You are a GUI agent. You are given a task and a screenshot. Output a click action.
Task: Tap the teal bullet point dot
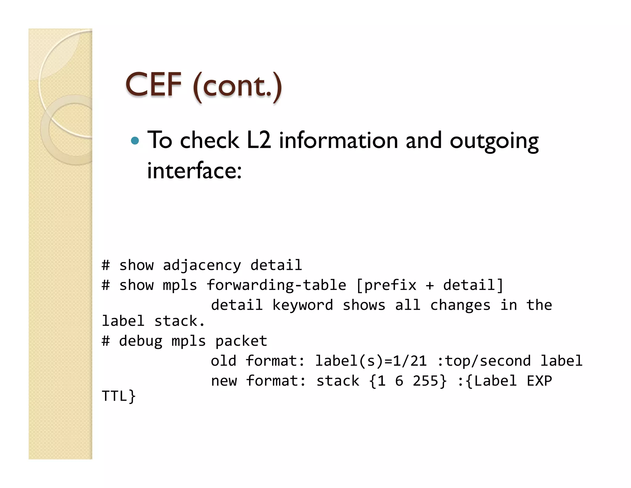pos(135,141)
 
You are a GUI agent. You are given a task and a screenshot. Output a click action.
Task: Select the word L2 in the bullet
pos(259,140)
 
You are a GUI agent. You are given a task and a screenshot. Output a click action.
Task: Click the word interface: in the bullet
pos(194,171)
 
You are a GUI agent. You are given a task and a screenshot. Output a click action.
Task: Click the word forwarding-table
pos(276,285)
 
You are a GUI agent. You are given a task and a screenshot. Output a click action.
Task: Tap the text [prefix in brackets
pos(386,285)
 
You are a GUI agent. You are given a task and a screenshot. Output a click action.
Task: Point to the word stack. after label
pos(179,321)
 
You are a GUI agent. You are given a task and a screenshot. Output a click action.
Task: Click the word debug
pos(140,341)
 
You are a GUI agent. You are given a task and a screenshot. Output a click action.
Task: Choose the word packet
pos(241,341)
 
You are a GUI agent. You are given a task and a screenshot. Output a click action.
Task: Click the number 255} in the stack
pos(430,381)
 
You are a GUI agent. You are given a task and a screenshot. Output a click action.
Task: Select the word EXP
pos(539,381)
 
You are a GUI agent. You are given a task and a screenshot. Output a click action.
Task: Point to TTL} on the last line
pos(119,396)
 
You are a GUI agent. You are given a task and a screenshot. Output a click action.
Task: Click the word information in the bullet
pos(338,140)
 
